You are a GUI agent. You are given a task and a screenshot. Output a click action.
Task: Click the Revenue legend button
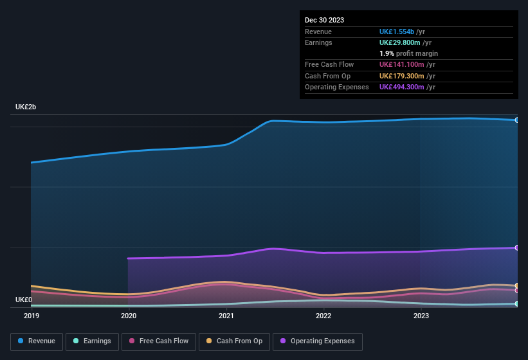click(x=37, y=341)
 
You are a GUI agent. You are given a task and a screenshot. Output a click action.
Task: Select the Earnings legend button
click(x=92, y=341)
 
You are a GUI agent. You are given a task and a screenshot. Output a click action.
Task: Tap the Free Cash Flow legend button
click(x=159, y=341)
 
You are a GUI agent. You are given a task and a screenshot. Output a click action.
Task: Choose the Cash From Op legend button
click(x=234, y=341)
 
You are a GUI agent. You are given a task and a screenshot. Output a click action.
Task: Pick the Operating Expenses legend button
click(x=318, y=341)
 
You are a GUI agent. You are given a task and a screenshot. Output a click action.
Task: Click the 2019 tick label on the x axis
click(x=31, y=316)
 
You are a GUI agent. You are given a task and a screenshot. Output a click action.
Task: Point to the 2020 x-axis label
click(x=129, y=316)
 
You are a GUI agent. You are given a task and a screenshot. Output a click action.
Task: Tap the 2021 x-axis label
click(x=226, y=316)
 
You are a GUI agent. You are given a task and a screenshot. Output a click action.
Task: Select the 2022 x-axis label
click(x=323, y=316)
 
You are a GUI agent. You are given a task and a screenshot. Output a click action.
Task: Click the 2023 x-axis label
click(x=421, y=316)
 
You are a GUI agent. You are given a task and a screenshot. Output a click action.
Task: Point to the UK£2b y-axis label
click(x=26, y=107)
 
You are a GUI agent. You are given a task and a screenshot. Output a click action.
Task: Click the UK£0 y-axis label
click(x=24, y=300)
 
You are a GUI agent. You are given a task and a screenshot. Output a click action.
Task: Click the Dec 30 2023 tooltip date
click(x=324, y=20)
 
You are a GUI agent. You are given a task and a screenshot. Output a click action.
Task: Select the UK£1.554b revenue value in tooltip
click(x=397, y=32)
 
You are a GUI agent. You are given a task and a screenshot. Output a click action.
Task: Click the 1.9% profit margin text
click(x=408, y=53)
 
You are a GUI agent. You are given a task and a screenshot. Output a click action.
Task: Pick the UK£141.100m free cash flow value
click(x=401, y=64)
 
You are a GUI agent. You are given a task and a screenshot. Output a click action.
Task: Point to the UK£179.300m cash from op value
click(x=401, y=76)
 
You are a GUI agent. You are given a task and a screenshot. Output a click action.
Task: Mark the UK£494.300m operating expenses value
click(x=401, y=87)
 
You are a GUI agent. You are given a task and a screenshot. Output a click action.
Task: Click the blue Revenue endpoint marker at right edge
click(x=517, y=120)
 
